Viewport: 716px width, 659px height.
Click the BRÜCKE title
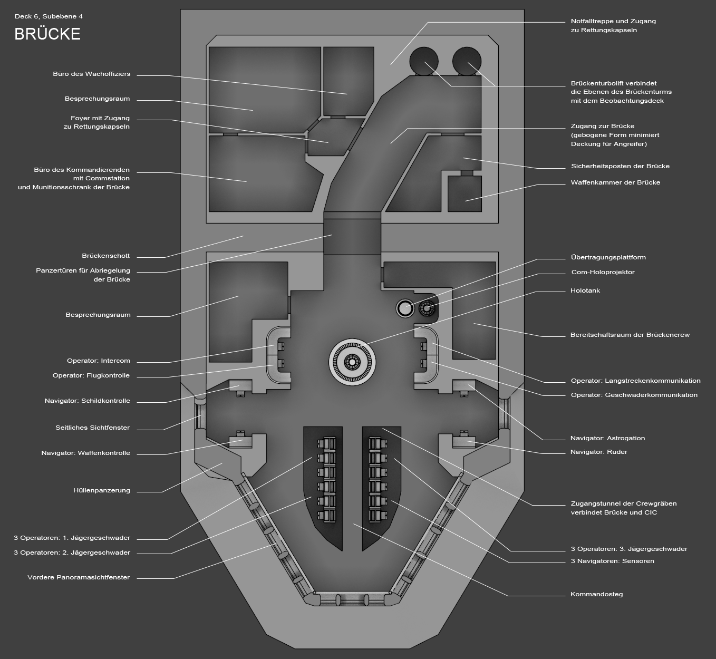point(47,34)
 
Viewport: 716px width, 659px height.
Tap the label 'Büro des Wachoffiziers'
point(92,74)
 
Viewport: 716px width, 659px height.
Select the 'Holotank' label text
point(585,290)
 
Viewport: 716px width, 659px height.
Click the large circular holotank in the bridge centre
point(352,362)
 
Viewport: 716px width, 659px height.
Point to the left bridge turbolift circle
point(424,61)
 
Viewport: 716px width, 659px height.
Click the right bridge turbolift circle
point(467,61)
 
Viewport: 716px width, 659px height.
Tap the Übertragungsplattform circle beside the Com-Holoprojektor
point(405,308)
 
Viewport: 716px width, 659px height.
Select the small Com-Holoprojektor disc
point(427,308)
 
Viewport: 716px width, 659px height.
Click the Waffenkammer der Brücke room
point(465,193)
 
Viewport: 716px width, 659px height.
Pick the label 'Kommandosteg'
point(596,594)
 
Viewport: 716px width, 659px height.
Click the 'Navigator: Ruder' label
point(598,452)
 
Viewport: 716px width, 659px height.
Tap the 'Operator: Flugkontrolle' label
point(91,375)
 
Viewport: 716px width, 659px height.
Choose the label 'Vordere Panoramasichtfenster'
point(79,577)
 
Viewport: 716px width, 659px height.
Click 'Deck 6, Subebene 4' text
point(49,16)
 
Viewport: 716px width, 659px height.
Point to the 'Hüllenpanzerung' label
point(102,490)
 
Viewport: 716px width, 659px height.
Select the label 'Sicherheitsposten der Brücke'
point(621,166)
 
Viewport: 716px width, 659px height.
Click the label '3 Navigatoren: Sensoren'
point(613,561)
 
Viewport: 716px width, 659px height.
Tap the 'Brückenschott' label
point(105,256)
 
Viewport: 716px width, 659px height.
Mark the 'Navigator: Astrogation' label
point(607,438)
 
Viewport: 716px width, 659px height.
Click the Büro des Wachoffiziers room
point(349,81)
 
